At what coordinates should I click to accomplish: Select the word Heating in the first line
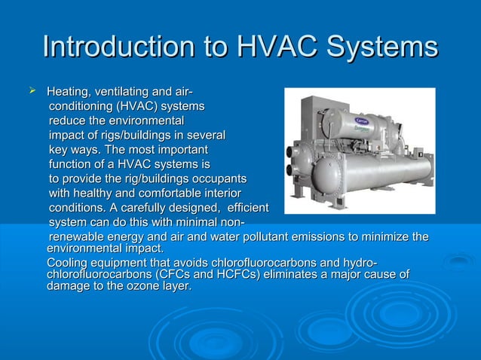69,92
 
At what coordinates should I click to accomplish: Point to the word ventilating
124,92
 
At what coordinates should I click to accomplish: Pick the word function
72,164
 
